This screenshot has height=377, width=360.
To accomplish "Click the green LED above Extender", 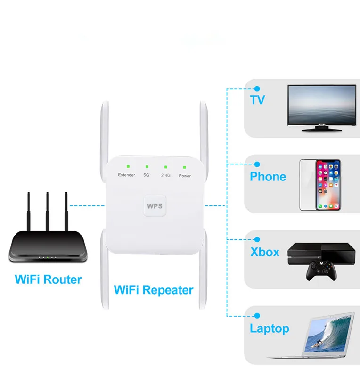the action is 128,166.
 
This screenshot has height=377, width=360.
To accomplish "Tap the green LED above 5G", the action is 147,167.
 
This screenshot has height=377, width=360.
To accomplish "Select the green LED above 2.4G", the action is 166,167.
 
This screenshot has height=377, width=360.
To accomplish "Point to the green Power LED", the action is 184,167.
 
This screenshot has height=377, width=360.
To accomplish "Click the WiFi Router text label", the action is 48,279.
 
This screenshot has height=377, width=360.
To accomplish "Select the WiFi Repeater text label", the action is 154,290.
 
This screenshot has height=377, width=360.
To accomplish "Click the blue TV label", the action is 257,100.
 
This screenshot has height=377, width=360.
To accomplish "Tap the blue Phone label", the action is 268,176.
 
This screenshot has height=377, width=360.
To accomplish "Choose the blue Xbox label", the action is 265,252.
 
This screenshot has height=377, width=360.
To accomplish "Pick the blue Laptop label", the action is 270,328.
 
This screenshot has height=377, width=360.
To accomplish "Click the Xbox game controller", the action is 321,270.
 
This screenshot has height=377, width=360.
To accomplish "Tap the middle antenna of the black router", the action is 48,211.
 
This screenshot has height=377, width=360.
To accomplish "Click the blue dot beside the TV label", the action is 257,89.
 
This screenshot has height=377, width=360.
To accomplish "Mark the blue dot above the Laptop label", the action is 257,315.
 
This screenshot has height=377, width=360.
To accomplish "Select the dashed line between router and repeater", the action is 87,206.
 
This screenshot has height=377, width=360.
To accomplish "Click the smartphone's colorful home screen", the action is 328,185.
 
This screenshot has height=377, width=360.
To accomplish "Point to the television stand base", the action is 322,129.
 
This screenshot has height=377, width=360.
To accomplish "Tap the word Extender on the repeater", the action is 126,175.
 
